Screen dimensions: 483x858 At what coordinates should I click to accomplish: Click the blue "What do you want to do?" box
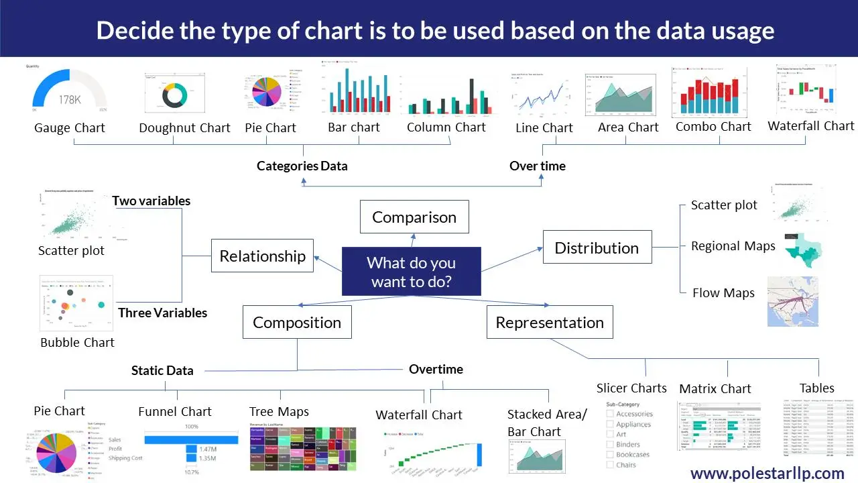(411, 272)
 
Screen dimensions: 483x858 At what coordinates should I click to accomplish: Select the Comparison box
(414, 217)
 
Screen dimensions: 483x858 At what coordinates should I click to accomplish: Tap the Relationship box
(262, 256)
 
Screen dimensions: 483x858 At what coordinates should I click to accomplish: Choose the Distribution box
(597, 248)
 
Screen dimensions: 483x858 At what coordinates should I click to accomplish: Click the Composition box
(297, 323)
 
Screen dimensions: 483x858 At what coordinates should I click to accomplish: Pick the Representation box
(550, 323)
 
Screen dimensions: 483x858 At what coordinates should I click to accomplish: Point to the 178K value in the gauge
(70, 100)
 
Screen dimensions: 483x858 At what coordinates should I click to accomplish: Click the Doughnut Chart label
(184, 127)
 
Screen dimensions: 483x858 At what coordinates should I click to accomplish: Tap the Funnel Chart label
(174, 411)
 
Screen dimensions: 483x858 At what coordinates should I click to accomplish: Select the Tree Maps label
(279, 411)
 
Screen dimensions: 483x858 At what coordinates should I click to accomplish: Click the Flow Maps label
(723, 292)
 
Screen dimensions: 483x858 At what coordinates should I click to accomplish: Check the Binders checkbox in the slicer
(610, 444)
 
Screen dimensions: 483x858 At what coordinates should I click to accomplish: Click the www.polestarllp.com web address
(767, 473)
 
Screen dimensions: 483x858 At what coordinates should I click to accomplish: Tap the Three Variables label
(162, 313)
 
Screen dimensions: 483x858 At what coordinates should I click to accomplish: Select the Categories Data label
(302, 166)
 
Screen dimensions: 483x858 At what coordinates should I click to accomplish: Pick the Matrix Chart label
(715, 388)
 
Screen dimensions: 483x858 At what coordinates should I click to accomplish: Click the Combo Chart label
(713, 126)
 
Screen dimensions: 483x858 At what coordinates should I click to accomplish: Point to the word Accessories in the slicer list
(633, 414)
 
